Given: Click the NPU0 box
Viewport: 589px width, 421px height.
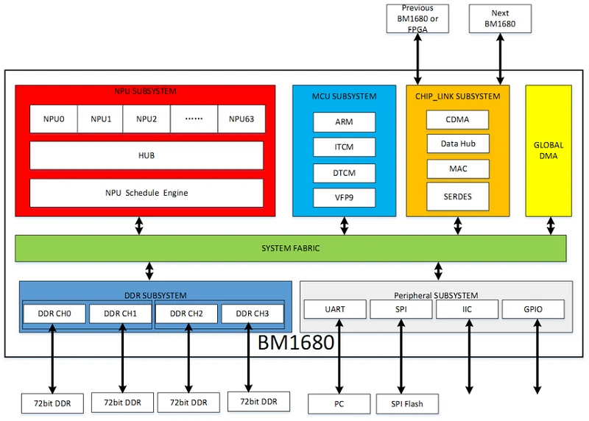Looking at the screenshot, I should click(53, 119).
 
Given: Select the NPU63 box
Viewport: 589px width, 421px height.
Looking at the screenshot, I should click(241, 119).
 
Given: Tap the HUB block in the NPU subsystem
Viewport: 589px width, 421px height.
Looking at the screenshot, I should click(146, 156).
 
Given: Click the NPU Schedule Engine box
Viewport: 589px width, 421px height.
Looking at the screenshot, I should click(146, 193).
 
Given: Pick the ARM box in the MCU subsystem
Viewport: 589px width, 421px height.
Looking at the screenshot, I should click(344, 122).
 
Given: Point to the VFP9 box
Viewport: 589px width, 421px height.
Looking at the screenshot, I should click(344, 197).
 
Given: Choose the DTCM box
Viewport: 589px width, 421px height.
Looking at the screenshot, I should click(344, 173).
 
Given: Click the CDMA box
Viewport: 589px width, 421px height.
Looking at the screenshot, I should click(458, 120).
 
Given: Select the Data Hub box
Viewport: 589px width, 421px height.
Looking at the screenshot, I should click(458, 144).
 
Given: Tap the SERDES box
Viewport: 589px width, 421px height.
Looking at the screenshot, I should click(458, 196).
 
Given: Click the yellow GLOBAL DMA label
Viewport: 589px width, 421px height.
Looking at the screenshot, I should click(548, 151).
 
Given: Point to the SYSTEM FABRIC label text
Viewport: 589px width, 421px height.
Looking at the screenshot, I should click(291, 249).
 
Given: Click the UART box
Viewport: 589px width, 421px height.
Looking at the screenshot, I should click(334, 309).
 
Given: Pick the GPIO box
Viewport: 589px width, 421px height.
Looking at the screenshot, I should click(533, 309).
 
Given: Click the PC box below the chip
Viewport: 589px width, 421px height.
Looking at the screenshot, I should click(339, 403).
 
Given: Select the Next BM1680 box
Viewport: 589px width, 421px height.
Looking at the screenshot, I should click(500, 18).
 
